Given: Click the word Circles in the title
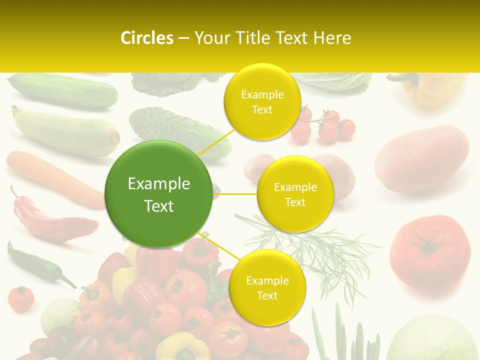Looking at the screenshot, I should (146, 38).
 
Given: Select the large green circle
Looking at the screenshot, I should (159, 194).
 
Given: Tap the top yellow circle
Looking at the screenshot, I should (262, 102).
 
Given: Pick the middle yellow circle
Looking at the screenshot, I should (295, 194).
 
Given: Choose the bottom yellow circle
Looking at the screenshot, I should (267, 287).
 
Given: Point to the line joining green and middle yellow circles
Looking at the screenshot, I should (235, 194).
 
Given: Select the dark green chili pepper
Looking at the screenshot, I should (37, 263).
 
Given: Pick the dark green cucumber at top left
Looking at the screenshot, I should (62, 90).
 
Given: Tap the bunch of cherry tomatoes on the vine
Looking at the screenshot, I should (325, 125).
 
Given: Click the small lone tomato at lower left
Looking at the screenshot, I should (21, 299).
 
